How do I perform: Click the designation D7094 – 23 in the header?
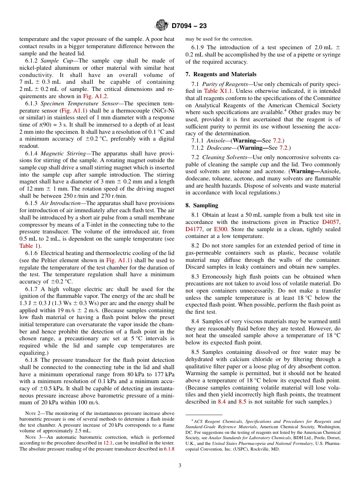tap(189, 26)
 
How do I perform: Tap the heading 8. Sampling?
tap(202, 205)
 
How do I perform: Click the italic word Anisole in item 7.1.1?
tap(216, 141)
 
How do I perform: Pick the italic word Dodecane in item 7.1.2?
tap(218, 148)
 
